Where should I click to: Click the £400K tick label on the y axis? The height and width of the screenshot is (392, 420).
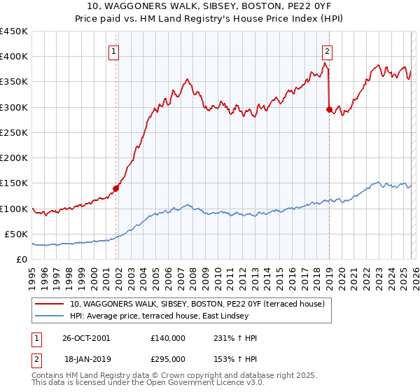click(x=14, y=57)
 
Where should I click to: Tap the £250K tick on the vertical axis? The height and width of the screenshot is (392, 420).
click(x=14, y=132)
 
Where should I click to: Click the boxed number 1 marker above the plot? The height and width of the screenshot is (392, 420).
click(x=114, y=50)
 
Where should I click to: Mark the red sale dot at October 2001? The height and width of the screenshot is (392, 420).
click(x=116, y=188)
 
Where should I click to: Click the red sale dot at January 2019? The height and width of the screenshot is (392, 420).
click(x=329, y=109)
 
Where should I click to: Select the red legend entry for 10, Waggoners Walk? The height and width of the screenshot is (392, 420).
click(x=197, y=304)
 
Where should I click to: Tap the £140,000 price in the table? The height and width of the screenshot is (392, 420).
click(x=168, y=338)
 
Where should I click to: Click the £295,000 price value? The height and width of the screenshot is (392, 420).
click(x=168, y=358)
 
